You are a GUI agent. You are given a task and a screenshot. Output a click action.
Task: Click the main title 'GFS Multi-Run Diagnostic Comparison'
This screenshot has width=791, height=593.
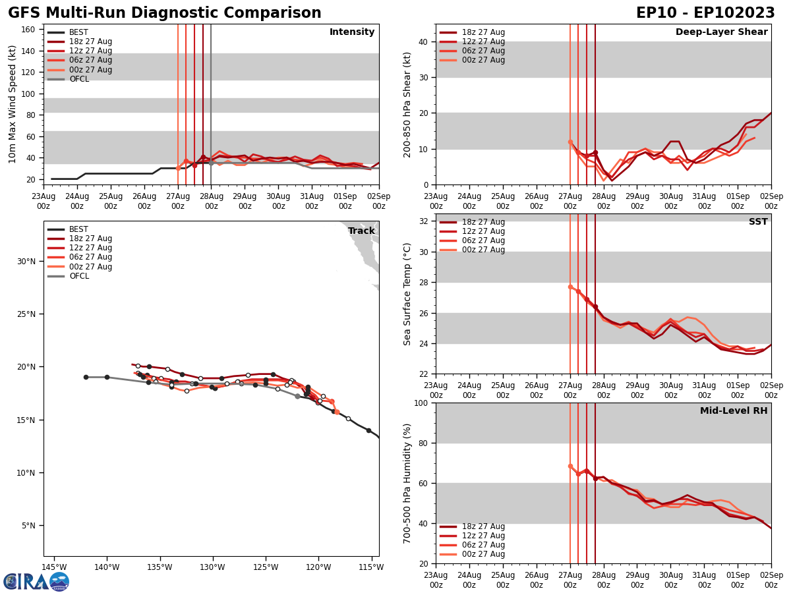click(165, 13)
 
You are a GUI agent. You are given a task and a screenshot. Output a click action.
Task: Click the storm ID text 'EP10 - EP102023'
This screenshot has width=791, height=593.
click(705, 13)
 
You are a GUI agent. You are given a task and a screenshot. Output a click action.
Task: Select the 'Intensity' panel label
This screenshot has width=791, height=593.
click(352, 32)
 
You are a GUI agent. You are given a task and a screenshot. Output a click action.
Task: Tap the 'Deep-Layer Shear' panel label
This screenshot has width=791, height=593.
click(721, 32)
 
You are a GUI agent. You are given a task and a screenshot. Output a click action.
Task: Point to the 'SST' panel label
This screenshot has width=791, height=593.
click(757, 222)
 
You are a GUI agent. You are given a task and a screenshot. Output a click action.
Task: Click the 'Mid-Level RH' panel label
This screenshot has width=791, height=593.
click(734, 411)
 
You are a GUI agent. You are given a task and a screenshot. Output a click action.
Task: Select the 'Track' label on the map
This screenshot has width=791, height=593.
click(361, 231)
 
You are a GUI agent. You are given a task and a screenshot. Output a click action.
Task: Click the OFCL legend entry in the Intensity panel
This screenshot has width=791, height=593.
click(78, 79)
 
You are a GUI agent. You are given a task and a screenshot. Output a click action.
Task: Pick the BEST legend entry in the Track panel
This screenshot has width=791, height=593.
click(78, 229)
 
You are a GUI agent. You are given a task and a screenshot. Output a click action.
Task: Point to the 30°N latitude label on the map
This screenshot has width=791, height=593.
click(26, 261)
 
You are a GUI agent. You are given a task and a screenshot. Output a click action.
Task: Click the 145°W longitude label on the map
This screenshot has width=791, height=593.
click(54, 567)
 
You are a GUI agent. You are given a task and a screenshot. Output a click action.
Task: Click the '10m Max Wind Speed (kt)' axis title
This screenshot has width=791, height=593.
click(13, 104)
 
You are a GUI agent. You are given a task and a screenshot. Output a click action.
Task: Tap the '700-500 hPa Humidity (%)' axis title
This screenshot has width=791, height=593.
click(408, 483)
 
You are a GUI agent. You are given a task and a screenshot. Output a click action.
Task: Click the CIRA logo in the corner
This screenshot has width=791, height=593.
click(36, 581)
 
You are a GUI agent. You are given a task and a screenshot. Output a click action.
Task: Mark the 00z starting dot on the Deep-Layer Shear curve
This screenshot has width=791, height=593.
click(570, 142)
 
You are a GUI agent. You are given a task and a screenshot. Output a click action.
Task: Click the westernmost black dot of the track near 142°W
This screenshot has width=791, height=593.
click(86, 377)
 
